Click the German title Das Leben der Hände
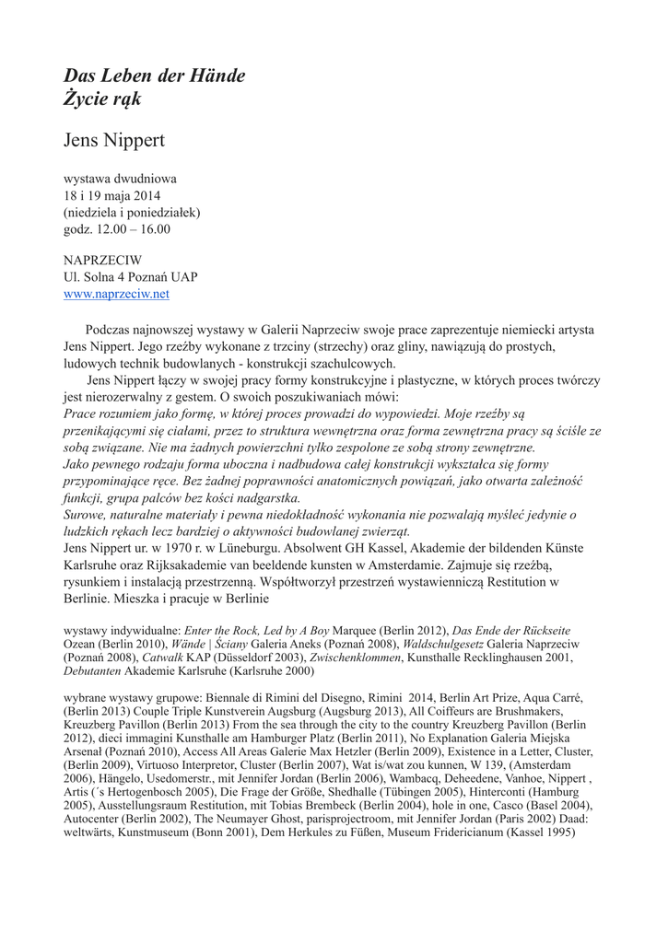(x=154, y=76)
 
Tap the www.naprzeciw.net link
(x=116, y=294)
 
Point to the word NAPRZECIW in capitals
(x=102, y=260)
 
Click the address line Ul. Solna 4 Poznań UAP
(x=130, y=276)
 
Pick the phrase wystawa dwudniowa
(x=120, y=179)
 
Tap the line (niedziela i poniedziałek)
(x=132, y=212)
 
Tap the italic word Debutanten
(x=95, y=674)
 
